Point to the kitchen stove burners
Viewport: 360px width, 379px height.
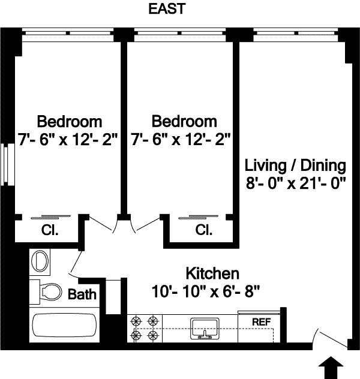pos(145,329)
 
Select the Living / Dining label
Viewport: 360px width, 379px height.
pos(296,165)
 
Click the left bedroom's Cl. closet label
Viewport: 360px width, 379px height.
pos(49,230)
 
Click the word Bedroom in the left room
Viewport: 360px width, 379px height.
pos(69,120)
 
